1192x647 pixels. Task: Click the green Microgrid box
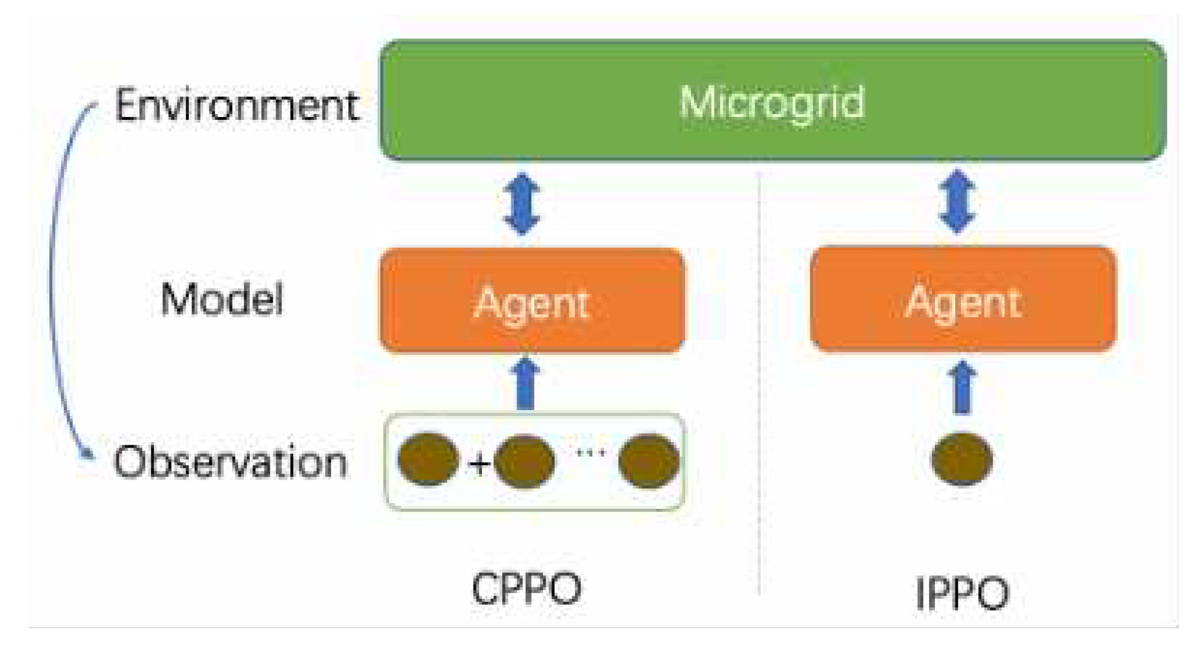[x=772, y=100]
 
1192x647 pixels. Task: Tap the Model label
[x=222, y=299]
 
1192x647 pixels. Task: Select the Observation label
[x=231, y=462]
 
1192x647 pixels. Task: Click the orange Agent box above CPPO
[x=531, y=301]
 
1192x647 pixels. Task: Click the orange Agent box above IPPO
[x=962, y=299]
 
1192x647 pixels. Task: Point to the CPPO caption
[x=526, y=588]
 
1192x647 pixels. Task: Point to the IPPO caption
[x=962, y=593]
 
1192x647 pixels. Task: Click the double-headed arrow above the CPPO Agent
[x=521, y=204]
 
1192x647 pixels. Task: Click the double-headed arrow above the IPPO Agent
[x=957, y=201]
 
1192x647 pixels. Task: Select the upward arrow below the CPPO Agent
[x=525, y=383]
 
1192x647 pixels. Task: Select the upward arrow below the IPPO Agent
[x=962, y=387]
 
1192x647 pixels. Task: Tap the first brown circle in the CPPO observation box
[x=428, y=459]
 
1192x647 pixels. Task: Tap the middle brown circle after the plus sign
[x=524, y=461]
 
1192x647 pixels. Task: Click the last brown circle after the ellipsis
[x=649, y=461]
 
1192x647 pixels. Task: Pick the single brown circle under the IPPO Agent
[x=962, y=459]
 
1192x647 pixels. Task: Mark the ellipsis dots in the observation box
[x=591, y=453]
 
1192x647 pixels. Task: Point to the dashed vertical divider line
[x=759, y=379]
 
